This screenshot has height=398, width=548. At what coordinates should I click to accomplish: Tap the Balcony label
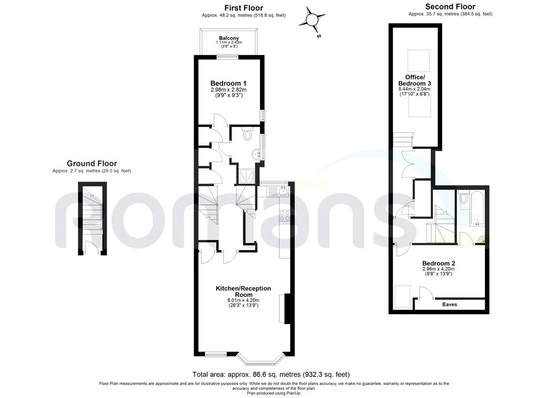[x=229, y=38]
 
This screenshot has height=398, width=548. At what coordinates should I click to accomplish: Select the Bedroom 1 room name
[x=229, y=83]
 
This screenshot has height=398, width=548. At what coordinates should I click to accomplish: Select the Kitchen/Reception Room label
[x=243, y=292]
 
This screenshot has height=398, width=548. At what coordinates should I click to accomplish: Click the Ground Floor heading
[x=92, y=164]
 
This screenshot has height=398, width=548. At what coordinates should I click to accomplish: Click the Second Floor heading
[x=450, y=7]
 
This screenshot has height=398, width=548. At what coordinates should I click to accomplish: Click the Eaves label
[x=450, y=304]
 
